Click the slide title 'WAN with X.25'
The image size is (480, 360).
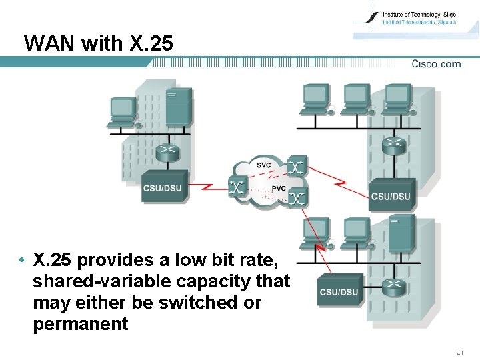point(98,44)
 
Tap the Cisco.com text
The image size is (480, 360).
point(436,64)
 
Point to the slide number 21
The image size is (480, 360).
point(459,351)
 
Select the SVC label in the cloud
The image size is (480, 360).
point(264,164)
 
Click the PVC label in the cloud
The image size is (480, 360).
point(277,189)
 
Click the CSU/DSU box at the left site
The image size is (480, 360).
point(162,188)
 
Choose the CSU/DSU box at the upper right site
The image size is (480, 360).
point(391,195)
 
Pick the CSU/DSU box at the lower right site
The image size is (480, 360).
point(339,291)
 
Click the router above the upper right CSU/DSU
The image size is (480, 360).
point(393,145)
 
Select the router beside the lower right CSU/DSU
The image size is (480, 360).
point(395,288)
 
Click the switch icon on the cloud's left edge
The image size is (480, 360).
point(237,187)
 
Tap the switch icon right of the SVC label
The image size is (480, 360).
point(297,166)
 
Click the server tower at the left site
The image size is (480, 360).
point(179,107)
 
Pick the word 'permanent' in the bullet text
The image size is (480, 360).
point(80,324)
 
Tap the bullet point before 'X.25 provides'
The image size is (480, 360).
point(22,260)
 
